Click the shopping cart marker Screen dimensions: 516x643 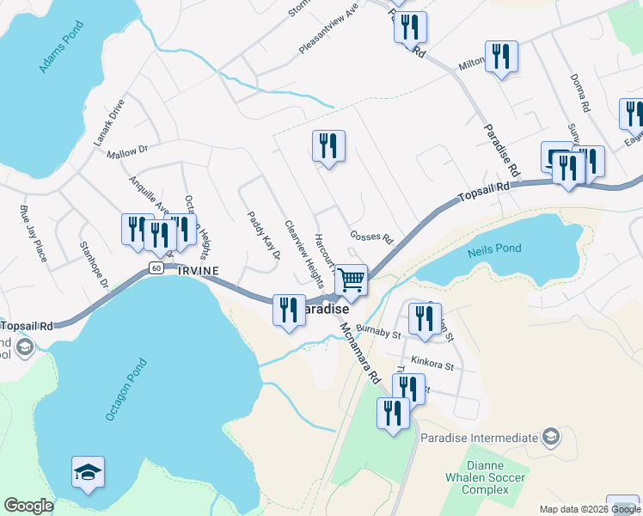click(x=351, y=279)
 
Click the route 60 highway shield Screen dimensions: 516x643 click(x=156, y=267)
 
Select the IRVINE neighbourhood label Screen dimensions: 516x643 click(x=198, y=271)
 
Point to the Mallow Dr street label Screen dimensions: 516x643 click(x=128, y=152)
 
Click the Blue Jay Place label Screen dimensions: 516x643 click(x=32, y=231)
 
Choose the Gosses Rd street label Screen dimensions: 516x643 click(x=371, y=237)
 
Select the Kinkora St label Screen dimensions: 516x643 click(x=432, y=365)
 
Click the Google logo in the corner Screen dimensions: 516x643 click(x=28, y=506)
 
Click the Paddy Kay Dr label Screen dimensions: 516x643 click(x=264, y=236)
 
